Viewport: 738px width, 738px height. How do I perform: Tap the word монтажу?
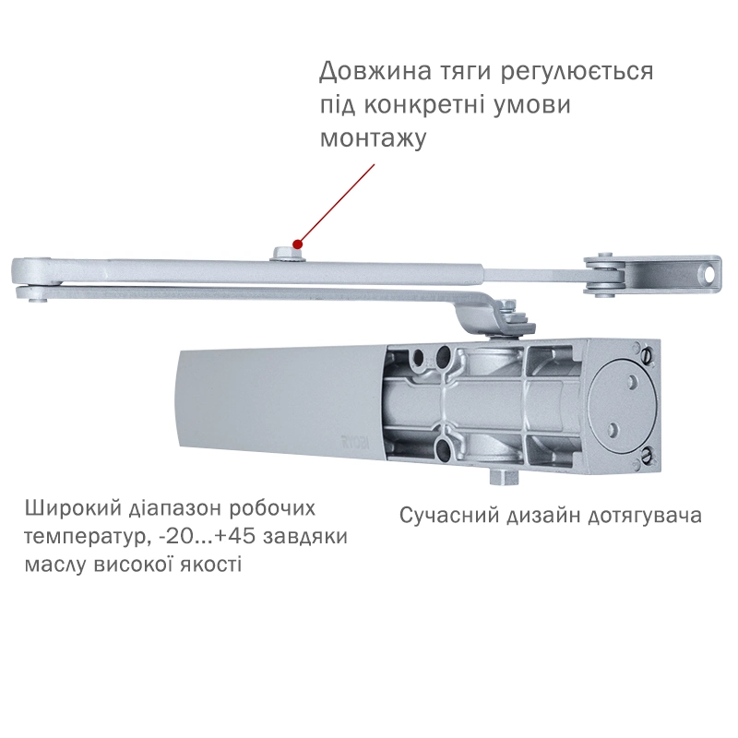pos(374,139)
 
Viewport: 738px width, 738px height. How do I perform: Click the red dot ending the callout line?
pos(297,244)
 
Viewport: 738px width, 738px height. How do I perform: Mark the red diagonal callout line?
pos(337,203)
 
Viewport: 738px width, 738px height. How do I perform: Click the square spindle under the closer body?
pos(503,477)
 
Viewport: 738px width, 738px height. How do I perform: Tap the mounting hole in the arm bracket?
pos(708,275)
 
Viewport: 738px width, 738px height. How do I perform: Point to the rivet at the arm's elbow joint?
pos(33,298)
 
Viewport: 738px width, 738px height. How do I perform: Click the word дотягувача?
pos(645,517)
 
